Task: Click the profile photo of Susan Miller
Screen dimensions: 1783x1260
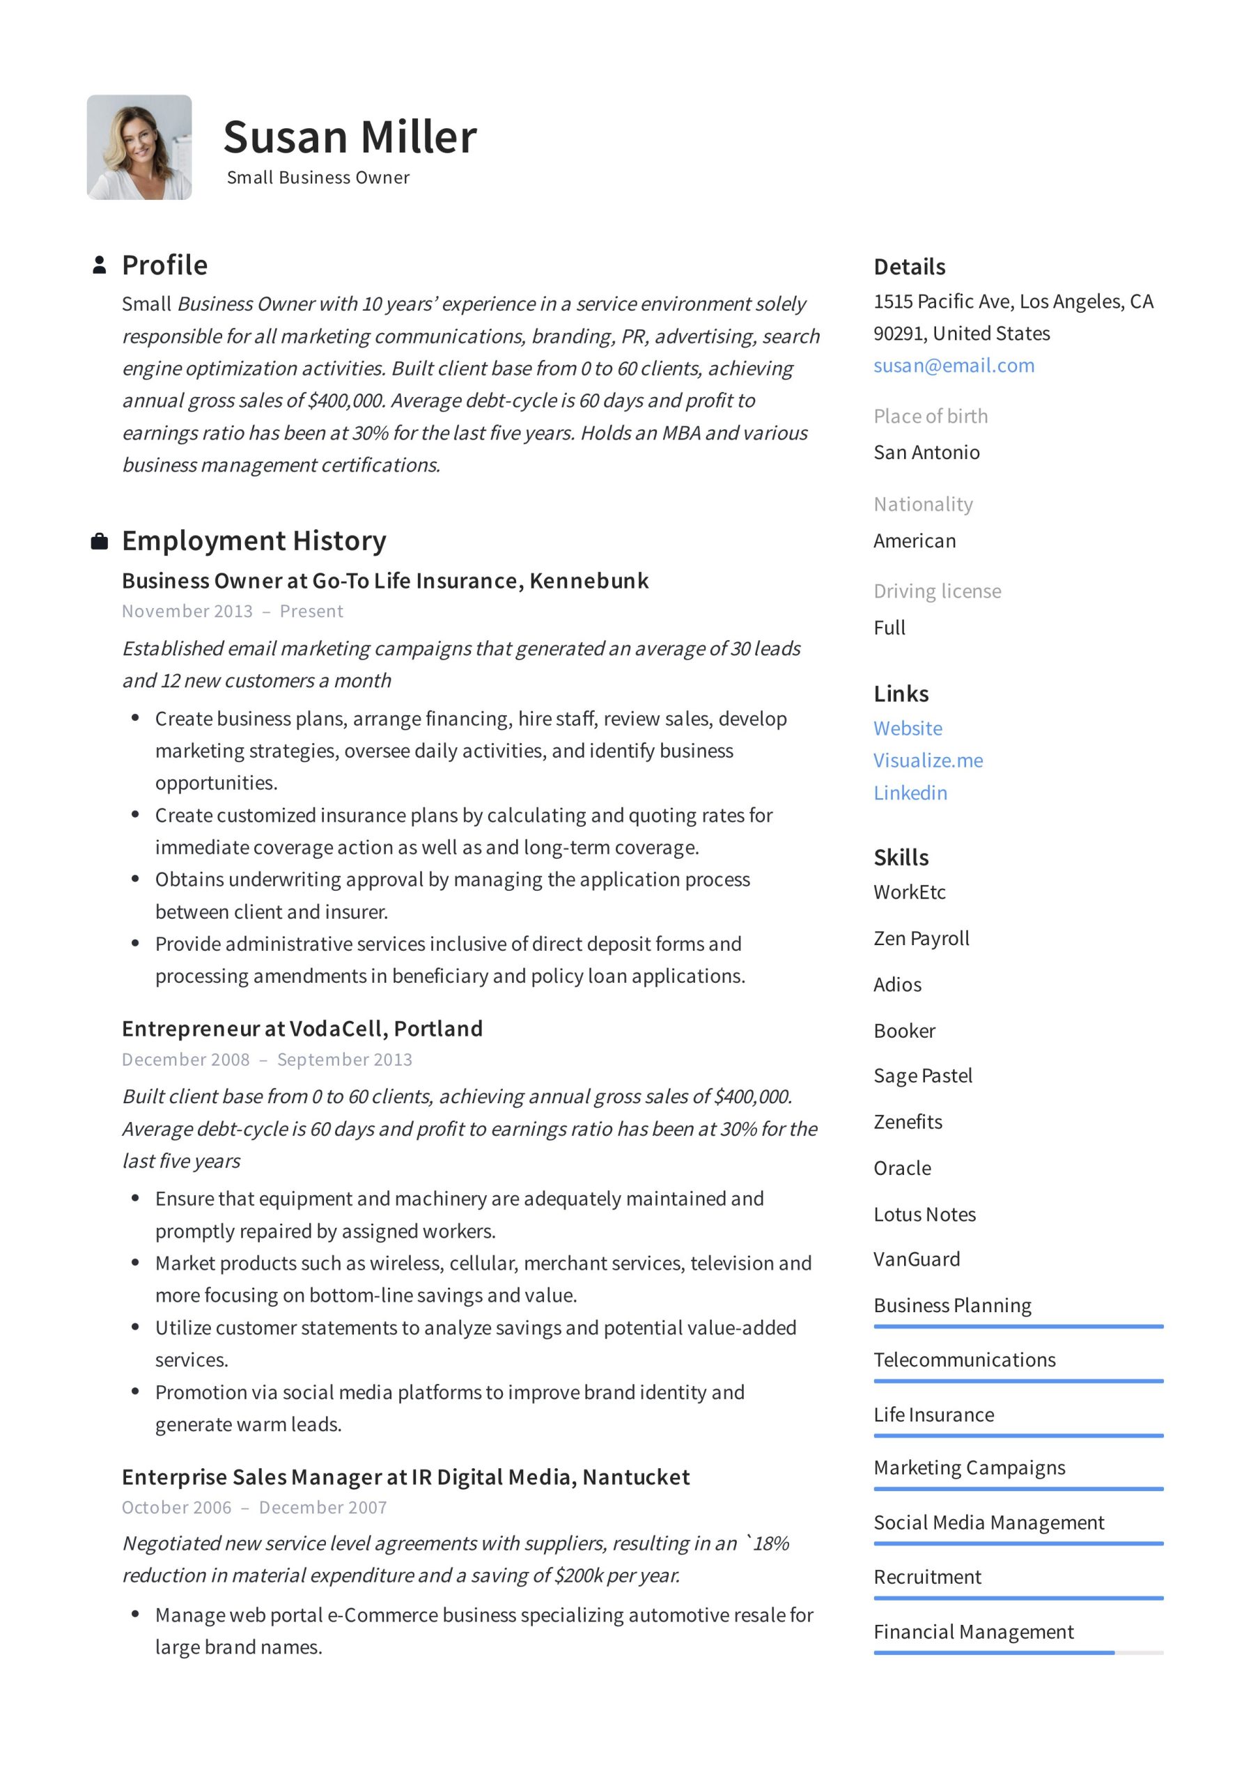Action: coord(139,148)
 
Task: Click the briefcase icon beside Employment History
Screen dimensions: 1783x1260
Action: coord(100,541)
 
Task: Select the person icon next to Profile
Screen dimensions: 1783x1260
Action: coord(100,265)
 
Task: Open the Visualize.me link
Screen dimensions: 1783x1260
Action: coord(928,761)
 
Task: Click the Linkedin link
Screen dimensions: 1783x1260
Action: coord(910,793)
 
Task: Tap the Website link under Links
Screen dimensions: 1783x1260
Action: coord(908,729)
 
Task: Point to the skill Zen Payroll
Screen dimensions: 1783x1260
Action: coord(921,938)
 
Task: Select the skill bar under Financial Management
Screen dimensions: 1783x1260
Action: coord(1018,1653)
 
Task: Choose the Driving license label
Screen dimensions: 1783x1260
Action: coord(937,591)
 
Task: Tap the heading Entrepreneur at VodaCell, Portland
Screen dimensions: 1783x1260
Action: coord(302,1028)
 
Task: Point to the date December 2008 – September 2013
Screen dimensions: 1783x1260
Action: coord(267,1059)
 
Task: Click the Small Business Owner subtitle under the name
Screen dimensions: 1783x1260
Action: coord(318,178)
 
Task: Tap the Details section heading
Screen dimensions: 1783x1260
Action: coord(909,267)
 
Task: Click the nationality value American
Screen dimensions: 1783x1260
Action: coord(915,540)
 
